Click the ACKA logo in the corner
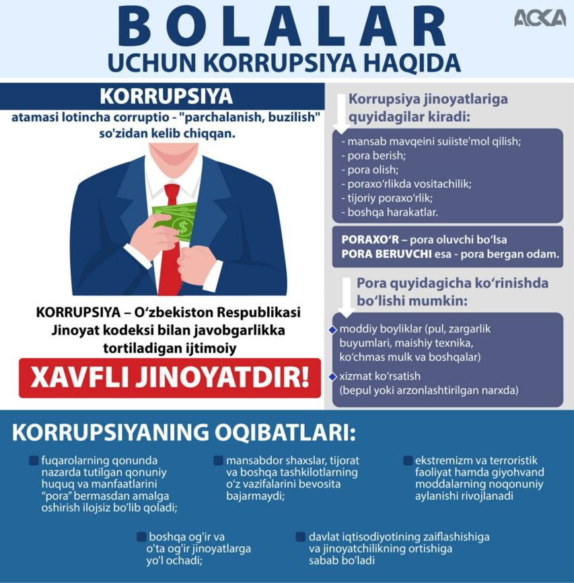[540, 18]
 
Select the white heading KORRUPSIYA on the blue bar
[166, 95]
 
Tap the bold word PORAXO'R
[370, 240]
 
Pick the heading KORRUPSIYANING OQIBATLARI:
[184, 432]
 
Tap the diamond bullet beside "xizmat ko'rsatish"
[332, 376]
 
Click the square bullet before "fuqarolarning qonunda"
[33, 461]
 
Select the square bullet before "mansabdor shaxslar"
[218, 461]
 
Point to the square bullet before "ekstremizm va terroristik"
[408, 461]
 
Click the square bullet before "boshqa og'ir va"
[141, 537]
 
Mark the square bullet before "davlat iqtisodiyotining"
[301, 537]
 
